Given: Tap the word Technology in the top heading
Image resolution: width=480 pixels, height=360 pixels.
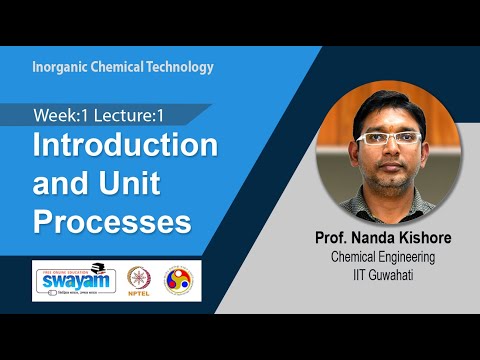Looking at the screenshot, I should pos(177,68).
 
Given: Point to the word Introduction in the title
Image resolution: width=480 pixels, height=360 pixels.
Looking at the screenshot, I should pos(126,146).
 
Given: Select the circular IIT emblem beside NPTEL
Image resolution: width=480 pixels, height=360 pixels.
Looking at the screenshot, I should pos(180,280).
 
